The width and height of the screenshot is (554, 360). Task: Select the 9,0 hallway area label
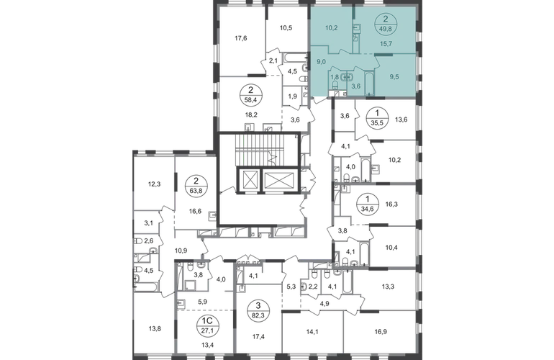click(321, 61)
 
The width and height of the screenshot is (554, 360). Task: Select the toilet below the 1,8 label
click(335, 85)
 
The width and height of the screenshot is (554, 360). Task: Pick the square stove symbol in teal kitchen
click(357, 28)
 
